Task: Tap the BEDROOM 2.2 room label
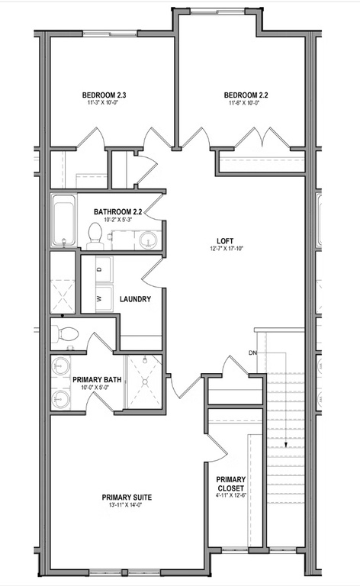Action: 245,95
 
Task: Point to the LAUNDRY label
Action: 135,299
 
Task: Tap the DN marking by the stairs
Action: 252,353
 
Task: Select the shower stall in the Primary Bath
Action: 143,382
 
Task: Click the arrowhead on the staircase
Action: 285,446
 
